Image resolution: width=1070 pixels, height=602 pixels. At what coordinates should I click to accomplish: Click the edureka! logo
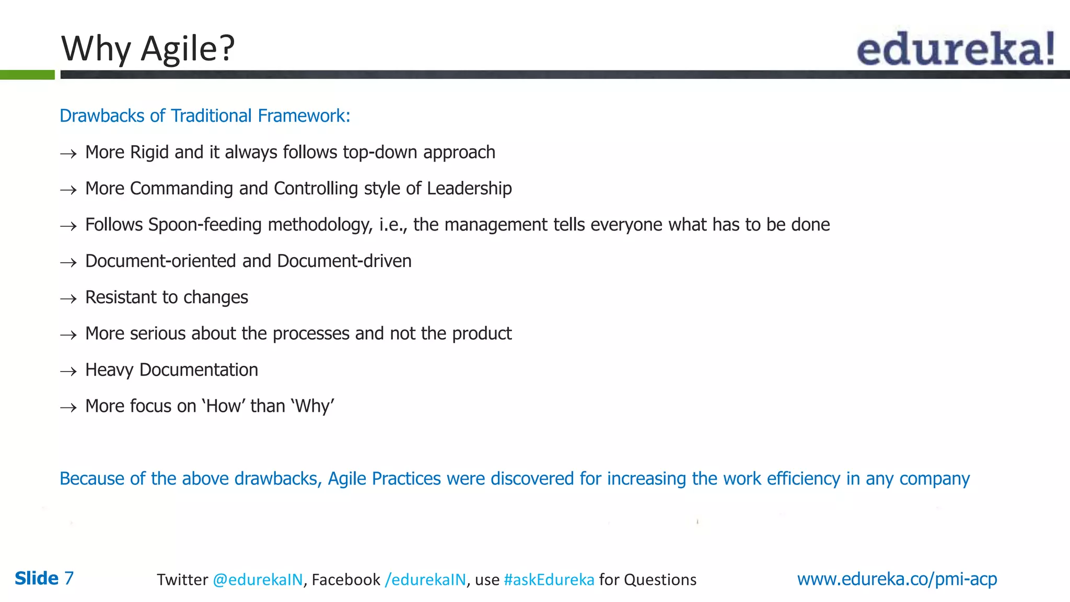pos(955,49)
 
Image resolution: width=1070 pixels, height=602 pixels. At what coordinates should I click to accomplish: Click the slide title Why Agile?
pos(148,49)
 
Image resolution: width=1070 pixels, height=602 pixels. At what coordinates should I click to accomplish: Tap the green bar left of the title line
pos(27,75)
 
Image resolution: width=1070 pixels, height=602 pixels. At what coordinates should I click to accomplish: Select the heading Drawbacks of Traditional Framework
pos(204,115)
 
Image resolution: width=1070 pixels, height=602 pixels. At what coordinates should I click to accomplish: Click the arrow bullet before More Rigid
pos(68,154)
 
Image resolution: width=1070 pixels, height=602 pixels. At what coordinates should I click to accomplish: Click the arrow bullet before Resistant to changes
pos(68,299)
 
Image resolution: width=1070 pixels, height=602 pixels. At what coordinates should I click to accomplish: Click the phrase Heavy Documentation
pos(171,370)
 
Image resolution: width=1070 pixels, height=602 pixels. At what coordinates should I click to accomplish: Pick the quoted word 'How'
pos(224,406)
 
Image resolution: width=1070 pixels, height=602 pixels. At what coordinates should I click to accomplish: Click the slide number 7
pos(69,578)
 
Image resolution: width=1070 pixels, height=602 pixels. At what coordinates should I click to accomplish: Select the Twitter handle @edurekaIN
pos(258,580)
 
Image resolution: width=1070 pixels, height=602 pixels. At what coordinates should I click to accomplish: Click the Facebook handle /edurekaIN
pos(425,580)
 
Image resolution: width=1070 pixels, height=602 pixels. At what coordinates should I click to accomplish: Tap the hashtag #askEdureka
pos(549,580)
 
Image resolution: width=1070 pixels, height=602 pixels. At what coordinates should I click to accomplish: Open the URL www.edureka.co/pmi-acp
pos(897,579)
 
